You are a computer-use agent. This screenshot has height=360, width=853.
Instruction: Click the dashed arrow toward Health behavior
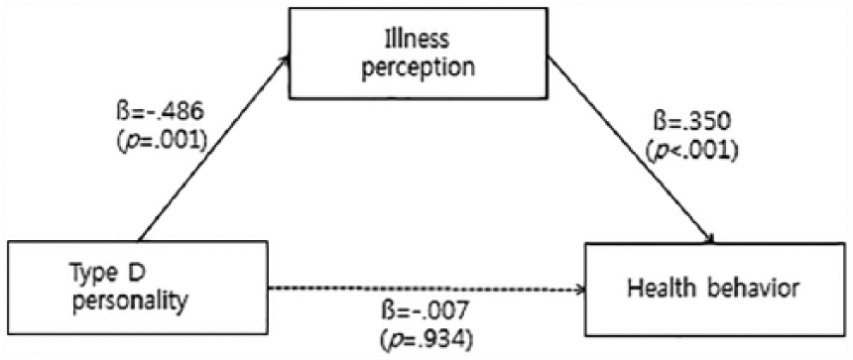[x=427, y=290]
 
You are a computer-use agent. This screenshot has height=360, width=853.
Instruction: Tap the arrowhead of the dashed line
[x=581, y=290]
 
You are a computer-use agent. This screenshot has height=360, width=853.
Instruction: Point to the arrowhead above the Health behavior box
[x=709, y=237]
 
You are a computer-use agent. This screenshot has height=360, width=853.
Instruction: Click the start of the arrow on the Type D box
[x=140, y=240]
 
